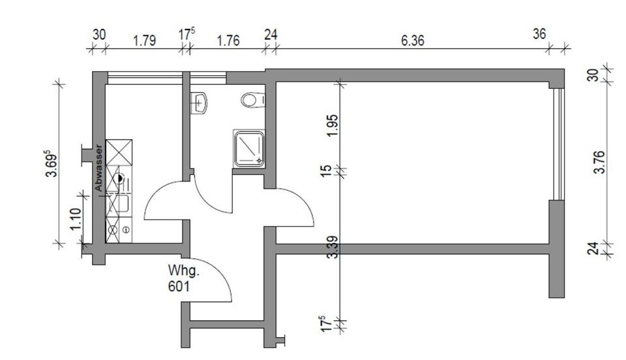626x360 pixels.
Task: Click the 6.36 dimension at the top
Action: click(x=412, y=41)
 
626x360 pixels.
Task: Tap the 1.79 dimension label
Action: click(x=144, y=41)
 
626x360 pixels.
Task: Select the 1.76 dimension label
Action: click(x=228, y=41)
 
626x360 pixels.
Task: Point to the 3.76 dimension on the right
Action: click(x=600, y=162)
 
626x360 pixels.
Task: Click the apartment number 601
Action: click(x=179, y=285)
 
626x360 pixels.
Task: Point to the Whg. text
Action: click(x=183, y=270)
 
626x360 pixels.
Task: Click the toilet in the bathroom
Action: click(x=253, y=101)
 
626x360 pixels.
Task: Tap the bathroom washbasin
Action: click(x=200, y=103)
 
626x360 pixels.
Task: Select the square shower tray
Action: click(x=249, y=147)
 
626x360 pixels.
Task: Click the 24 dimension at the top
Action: click(x=271, y=34)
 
